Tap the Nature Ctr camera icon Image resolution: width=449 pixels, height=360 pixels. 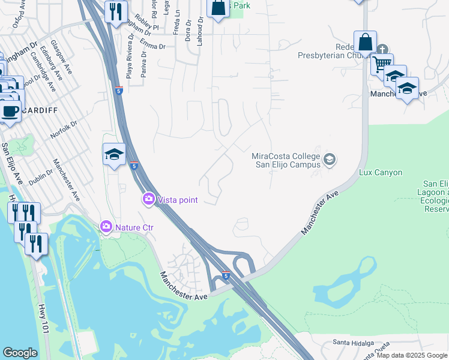[x=106, y=226]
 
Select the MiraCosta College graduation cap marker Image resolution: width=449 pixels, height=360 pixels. [x=329, y=160]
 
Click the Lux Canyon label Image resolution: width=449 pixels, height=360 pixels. [x=380, y=172]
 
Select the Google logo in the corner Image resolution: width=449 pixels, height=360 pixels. [x=20, y=353]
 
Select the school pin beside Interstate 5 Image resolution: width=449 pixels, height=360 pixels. [x=114, y=154]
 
